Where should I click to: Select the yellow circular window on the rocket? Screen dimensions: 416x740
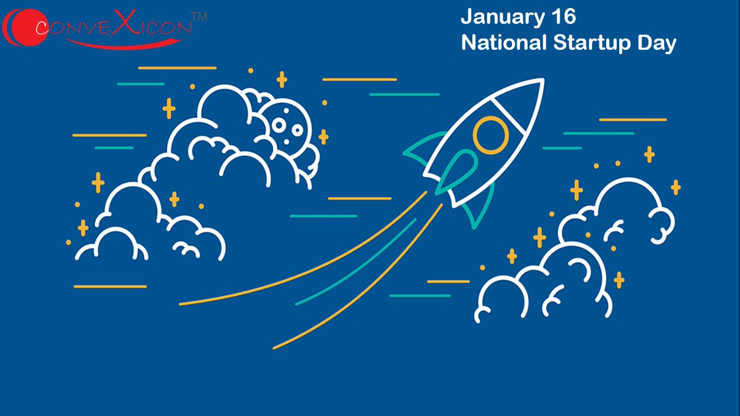pos(491,134)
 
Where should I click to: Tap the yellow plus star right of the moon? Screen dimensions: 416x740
pos(323,137)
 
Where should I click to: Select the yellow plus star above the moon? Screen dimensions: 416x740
pos(282,80)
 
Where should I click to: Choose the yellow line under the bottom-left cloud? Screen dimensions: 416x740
pos(110,287)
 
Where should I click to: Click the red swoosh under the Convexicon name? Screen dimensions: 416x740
pos(123,42)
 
